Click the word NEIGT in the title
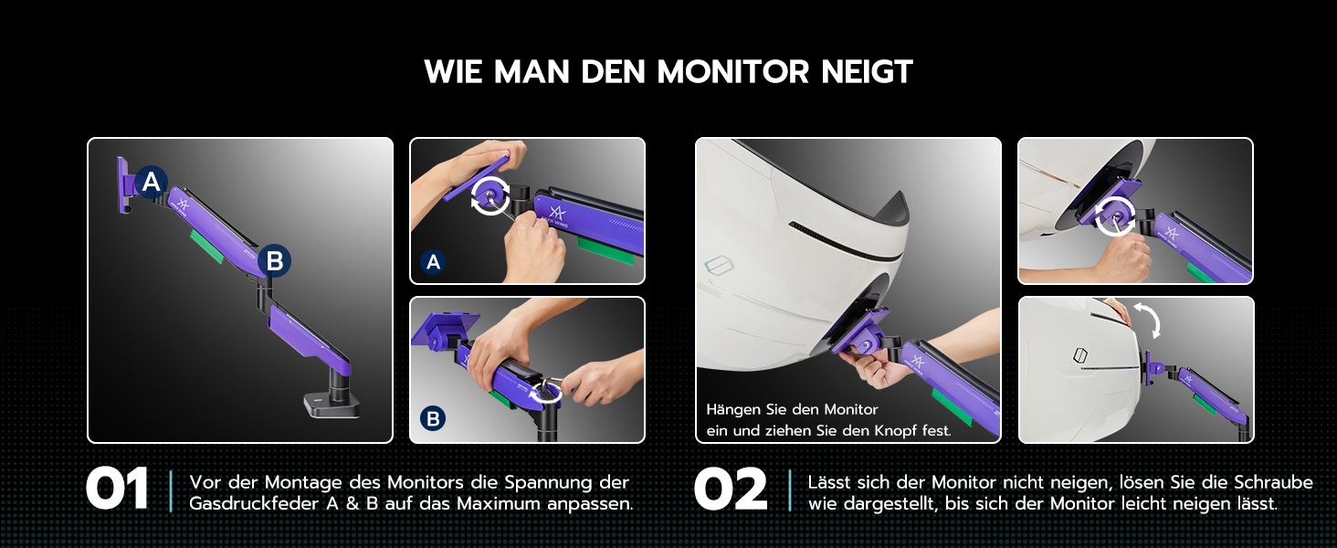[x=867, y=71]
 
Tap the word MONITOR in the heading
[x=732, y=71]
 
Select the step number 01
[x=117, y=490]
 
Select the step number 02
[x=731, y=490]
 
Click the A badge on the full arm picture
[x=151, y=182]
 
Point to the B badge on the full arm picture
[x=275, y=261]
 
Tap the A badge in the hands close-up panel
[x=433, y=261]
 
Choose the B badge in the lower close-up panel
[x=433, y=418]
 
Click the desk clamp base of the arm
[x=332, y=405]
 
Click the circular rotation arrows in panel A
[x=490, y=195]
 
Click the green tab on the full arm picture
[x=207, y=246]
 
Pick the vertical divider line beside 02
[x=790, y=490]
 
